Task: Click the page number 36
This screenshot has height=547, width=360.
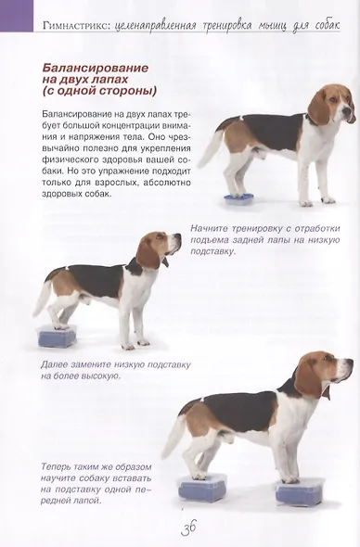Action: pyautogui.click(x=189, y=528)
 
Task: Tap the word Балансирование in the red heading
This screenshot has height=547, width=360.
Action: pyautogui.click(x=96, y=68)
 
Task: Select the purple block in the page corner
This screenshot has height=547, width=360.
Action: pyautogui.click(x=17, y=16)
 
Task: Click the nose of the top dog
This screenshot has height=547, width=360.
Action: pyautogui.click(x=346, y=111)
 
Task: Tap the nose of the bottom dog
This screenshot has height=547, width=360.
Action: pyautogui.click(x=350, y=363)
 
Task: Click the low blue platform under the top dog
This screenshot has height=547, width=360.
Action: pyautogui.click(x=238, y=199)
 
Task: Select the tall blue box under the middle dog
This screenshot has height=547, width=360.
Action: pyautogui.click(x=57, y=337)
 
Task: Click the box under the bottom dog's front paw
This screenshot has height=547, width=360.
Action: pyautogui.click(x=300, y=492)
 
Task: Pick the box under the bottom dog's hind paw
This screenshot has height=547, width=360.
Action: pyautogui.click(x=202, y=489)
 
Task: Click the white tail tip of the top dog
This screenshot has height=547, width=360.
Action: pyautogui.click(x=204, y=160)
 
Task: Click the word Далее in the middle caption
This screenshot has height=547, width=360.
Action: pyautogui.click(x=54, y=365)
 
